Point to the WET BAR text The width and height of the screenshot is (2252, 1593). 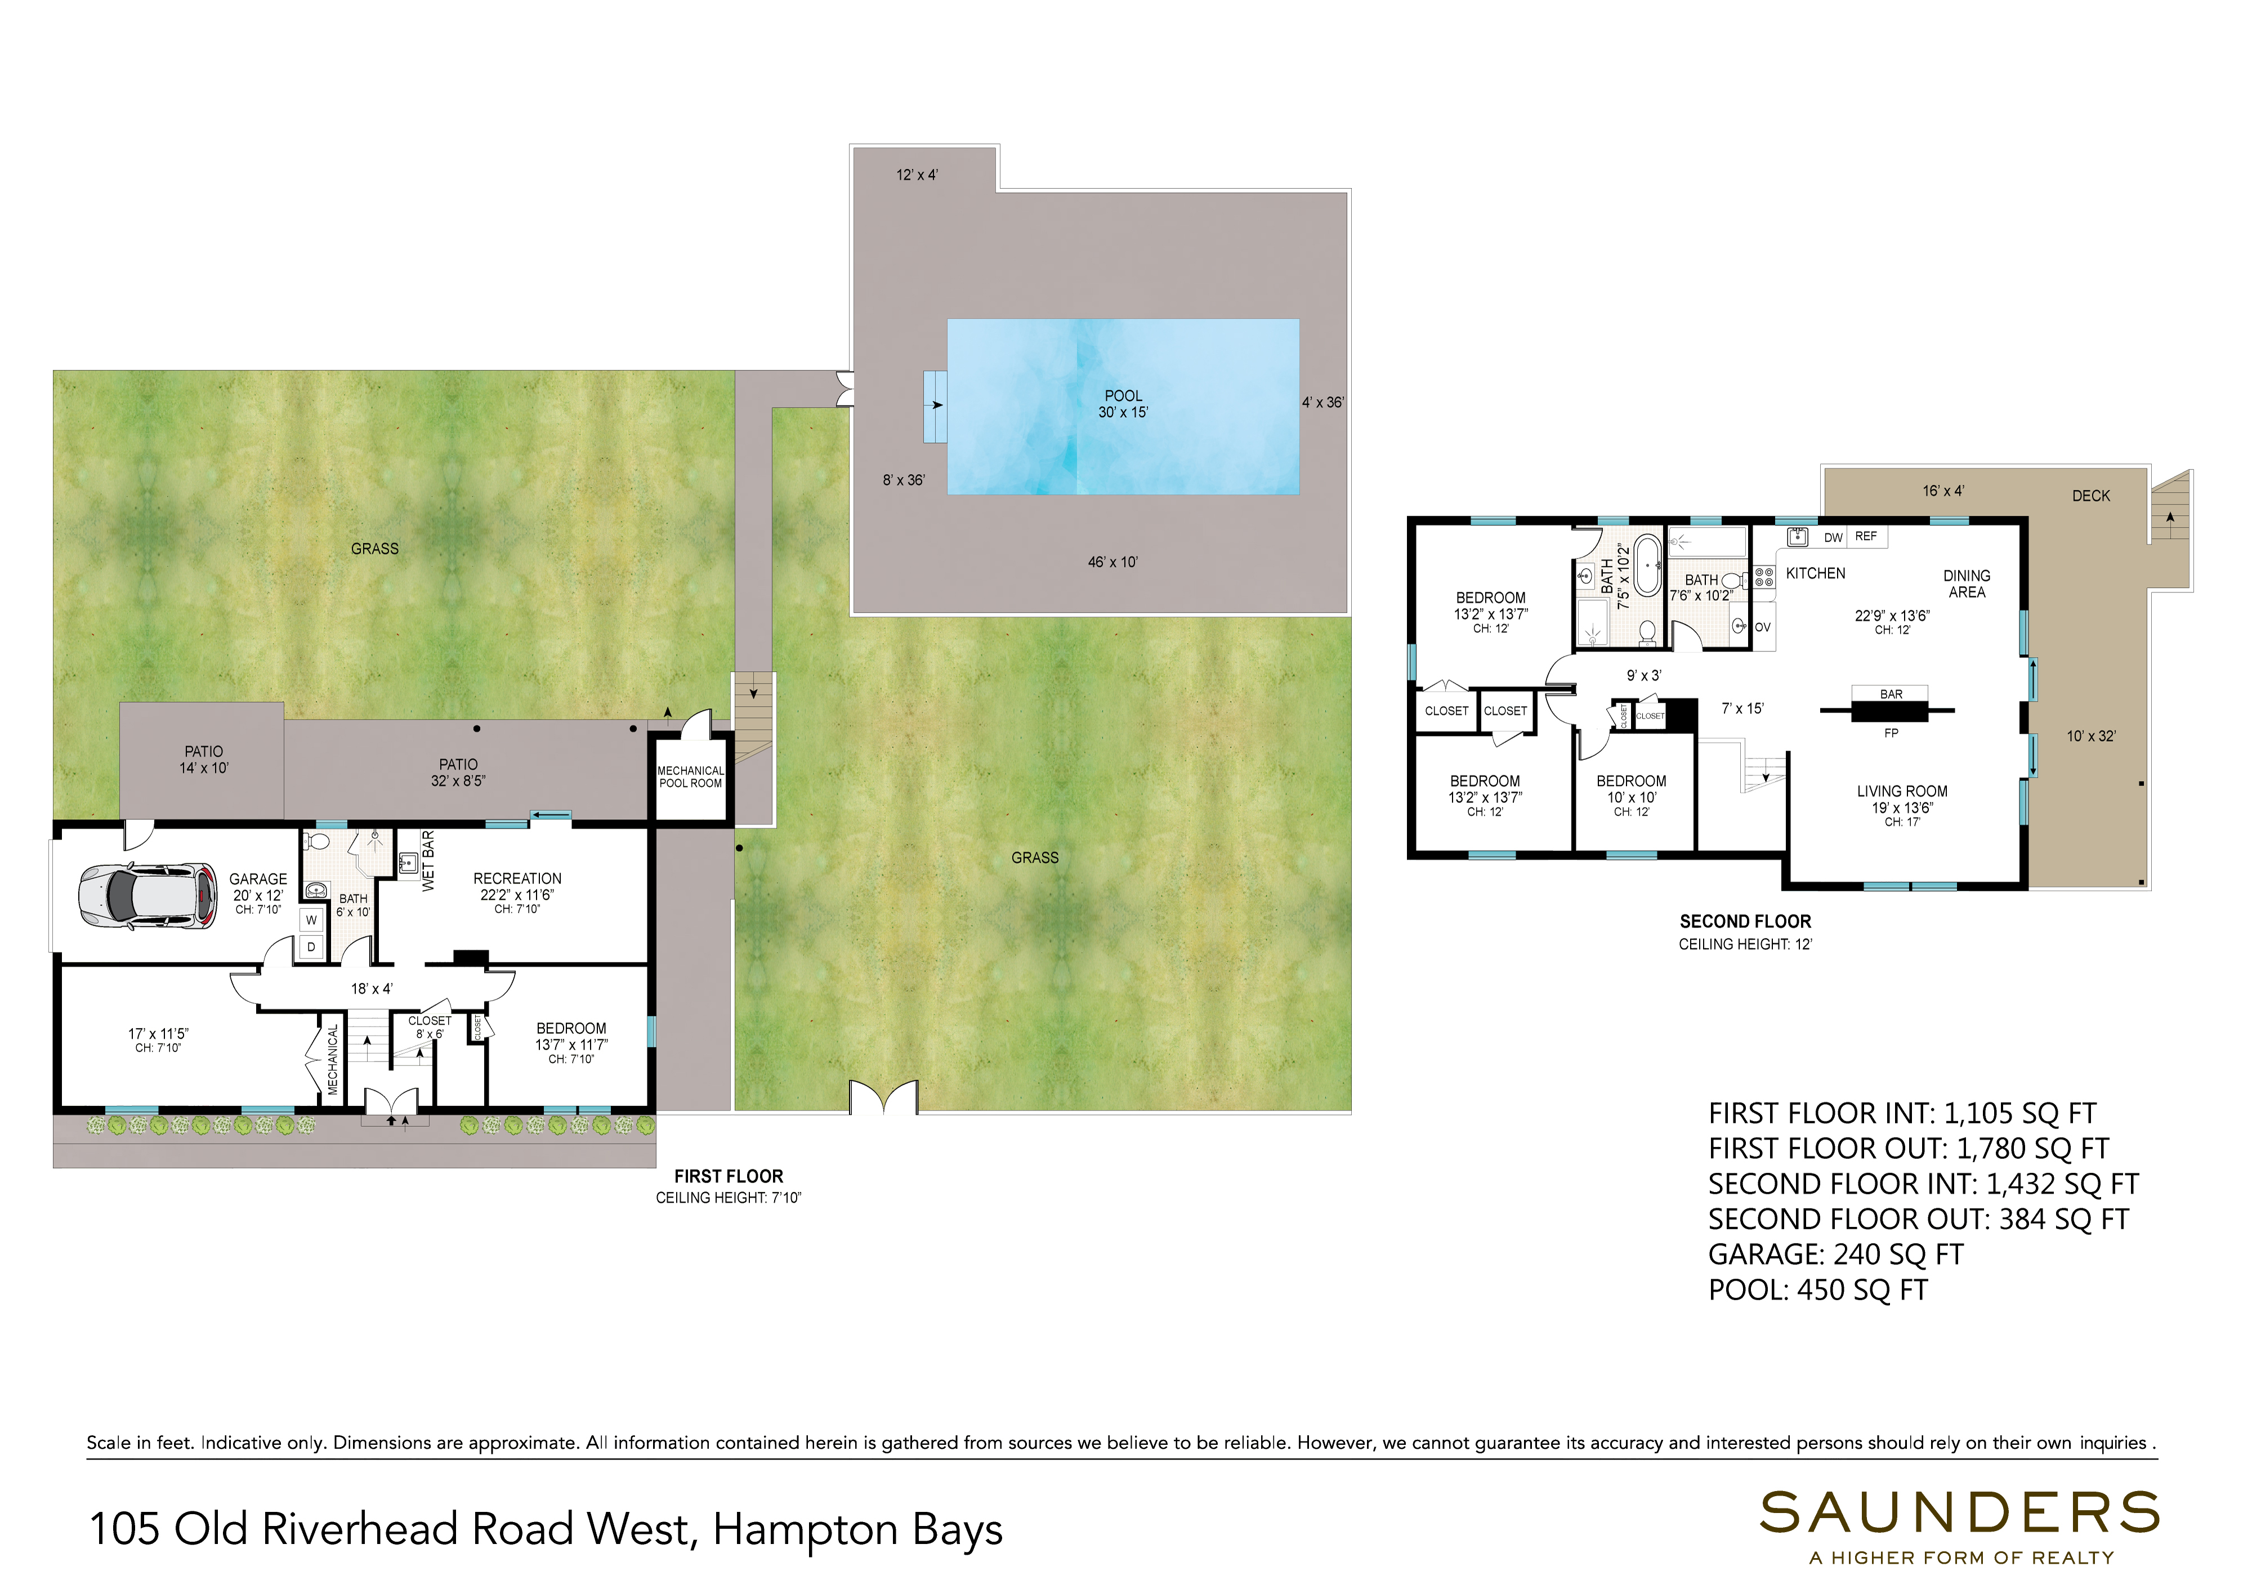pyautogui.click(x=428, y=861)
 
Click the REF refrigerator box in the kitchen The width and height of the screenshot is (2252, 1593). pyautogui.click(x=1866, y=537)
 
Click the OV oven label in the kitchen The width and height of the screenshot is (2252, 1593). pyautogui.click(x=1763, y=628)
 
